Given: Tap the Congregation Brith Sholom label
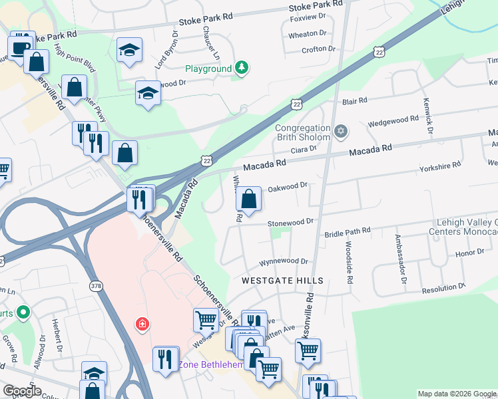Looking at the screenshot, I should [303, 132].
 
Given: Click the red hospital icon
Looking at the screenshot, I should [142, 325].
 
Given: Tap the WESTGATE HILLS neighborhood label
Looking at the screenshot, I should [282, 281].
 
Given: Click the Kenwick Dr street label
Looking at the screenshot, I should [426, 115].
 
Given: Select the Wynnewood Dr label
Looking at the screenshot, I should [284, 262].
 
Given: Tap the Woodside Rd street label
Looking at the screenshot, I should [348, 263].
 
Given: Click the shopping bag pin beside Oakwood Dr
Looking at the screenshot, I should [248, 199].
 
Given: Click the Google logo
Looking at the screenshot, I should [21, 391].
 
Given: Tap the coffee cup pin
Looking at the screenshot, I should [19, 47].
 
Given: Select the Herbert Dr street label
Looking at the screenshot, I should [58, 339].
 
